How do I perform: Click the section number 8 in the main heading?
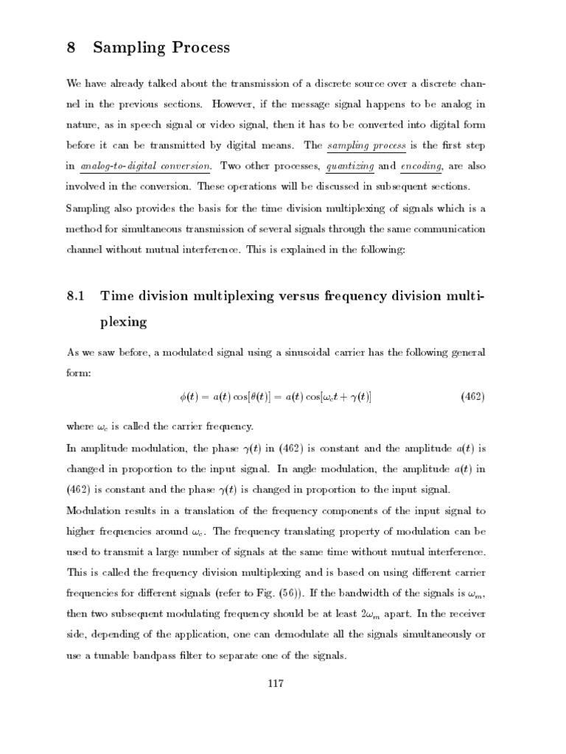click(x=71, y=48)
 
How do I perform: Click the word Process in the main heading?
click(x=194, y=49)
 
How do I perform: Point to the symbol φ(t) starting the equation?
click(x=189, y=398)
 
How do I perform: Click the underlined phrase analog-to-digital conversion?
click(x=147, y=166)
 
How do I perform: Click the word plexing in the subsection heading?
click(x=125, y=323)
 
